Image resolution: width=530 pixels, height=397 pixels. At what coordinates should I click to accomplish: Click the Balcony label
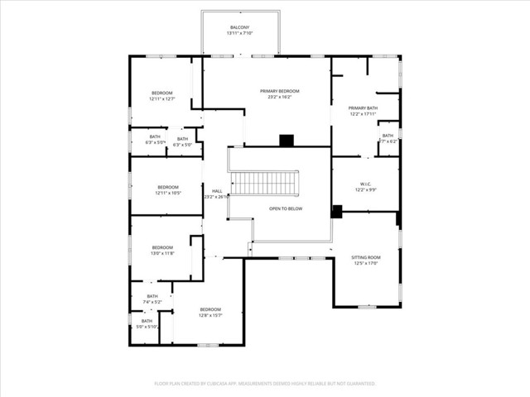(239, 27)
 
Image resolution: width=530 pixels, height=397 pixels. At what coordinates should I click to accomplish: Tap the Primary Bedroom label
(279, 91)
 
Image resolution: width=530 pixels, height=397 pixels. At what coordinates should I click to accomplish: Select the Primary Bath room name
(363, 108)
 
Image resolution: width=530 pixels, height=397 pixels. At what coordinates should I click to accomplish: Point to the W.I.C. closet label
(365, 184)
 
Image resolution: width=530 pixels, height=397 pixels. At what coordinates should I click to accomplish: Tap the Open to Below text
(286, 208)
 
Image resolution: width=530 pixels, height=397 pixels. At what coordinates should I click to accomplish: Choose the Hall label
(217, 191)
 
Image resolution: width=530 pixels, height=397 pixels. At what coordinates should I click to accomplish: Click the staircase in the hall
(263, 183)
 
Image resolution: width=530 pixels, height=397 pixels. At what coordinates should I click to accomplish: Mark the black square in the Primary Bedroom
(287, 141)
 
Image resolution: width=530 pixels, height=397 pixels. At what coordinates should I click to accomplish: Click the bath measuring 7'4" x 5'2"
(152, 299)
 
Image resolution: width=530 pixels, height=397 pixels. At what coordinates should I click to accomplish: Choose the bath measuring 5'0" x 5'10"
(147, 323)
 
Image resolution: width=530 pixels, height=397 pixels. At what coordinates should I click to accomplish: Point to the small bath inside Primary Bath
(388, 138)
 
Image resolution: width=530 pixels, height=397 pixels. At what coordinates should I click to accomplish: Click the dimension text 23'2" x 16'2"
(279, 97)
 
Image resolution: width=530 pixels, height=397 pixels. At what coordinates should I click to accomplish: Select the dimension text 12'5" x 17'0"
(366, 263)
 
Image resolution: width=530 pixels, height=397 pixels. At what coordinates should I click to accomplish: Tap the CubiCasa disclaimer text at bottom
(265, 384)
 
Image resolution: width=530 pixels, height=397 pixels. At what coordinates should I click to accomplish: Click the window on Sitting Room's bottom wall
(365, 307)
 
